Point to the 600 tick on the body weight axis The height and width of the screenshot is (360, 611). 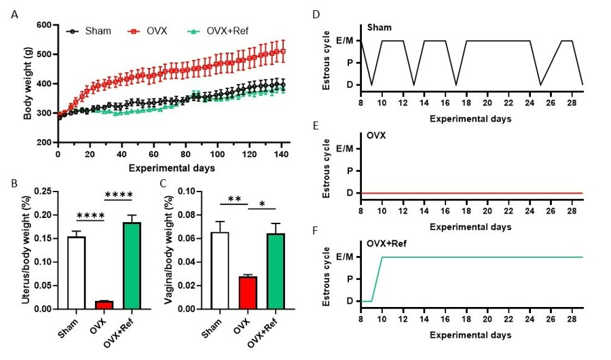(x=43, y=25)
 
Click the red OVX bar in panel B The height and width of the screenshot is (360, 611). (x=103, y=305)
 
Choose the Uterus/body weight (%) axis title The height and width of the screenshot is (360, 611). (x=25, y=249)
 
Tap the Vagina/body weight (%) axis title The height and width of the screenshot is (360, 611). (x=172, y=249)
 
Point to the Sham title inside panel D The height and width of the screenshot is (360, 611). (x=378, y=28)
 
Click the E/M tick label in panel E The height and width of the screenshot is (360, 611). (x=344, y=149)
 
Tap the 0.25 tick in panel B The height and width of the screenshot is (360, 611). (x=43, y=192)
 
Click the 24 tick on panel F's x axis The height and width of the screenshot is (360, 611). (x=530, y=314)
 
